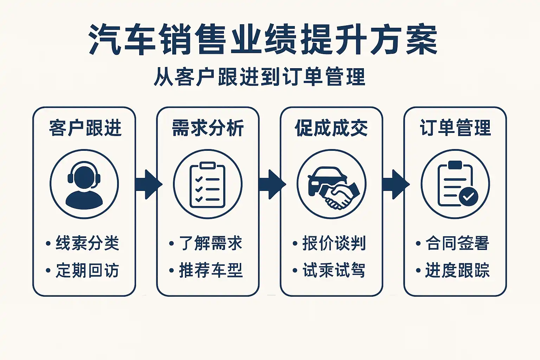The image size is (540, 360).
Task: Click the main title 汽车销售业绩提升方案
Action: (263, 39)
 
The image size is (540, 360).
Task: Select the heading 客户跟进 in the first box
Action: (85, 128)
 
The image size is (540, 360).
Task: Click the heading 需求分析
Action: (208, 128)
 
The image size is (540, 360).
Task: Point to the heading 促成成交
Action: (331, 128)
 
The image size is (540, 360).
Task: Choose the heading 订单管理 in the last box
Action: (455, 128)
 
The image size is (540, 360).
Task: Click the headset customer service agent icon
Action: (84, 184)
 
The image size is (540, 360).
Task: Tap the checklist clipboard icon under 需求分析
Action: (207, 184)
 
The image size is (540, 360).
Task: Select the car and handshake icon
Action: (331, 185)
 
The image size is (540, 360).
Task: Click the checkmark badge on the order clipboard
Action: (468, 197)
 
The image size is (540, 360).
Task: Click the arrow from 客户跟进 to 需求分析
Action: (148, 184)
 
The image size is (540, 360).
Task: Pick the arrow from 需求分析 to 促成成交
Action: (271, 184)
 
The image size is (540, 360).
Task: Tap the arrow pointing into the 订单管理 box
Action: (395, 184)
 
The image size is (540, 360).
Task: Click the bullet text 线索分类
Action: (87, 243)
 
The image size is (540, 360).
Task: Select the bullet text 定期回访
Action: (87, 270)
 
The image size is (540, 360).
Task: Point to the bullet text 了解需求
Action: (211, 243)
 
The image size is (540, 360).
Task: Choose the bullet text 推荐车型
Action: (211, 270)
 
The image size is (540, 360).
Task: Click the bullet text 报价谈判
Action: (334, 243)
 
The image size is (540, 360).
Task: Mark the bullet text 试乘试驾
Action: (334, 270)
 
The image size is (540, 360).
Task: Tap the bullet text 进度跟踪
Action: (457, 270)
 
